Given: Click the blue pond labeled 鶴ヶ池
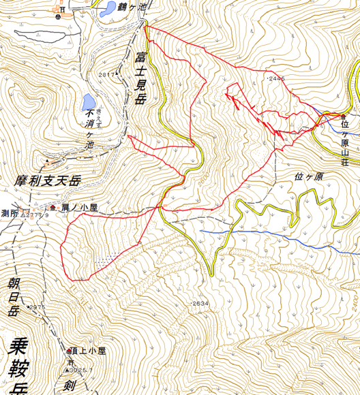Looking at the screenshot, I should [107, 10].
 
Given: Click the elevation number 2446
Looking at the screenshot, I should [276, 79].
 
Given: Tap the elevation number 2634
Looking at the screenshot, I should [200, 303].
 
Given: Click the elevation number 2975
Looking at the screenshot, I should [37, 307].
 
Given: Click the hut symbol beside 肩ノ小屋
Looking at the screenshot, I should [52, 206].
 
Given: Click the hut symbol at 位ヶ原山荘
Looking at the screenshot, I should [343, 116].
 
